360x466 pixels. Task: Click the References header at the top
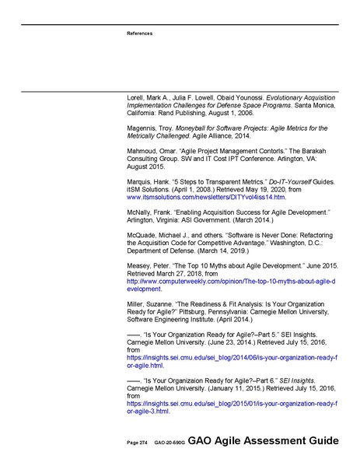(x=139, y=33)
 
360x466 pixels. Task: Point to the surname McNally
(x=140, y=212)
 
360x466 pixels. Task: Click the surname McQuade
(x=142, y=234)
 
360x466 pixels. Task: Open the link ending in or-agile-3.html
(x=148, y=410)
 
